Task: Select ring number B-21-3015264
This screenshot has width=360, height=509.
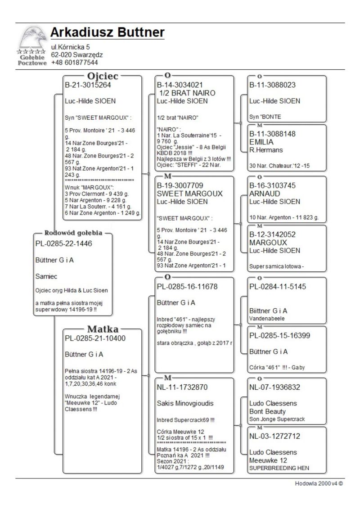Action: (x=88, y=85)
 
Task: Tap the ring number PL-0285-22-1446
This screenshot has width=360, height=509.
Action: (x=63, y=243)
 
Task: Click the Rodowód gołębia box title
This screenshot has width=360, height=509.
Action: (x=73, y=233)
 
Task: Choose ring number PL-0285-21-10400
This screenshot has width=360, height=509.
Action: (x=95, y=338)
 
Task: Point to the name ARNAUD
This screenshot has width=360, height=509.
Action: (x=265, y=194)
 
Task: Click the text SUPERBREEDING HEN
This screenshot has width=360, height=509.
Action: (x=279, y=468)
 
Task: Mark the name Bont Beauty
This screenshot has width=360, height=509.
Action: (x=267, y=411)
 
